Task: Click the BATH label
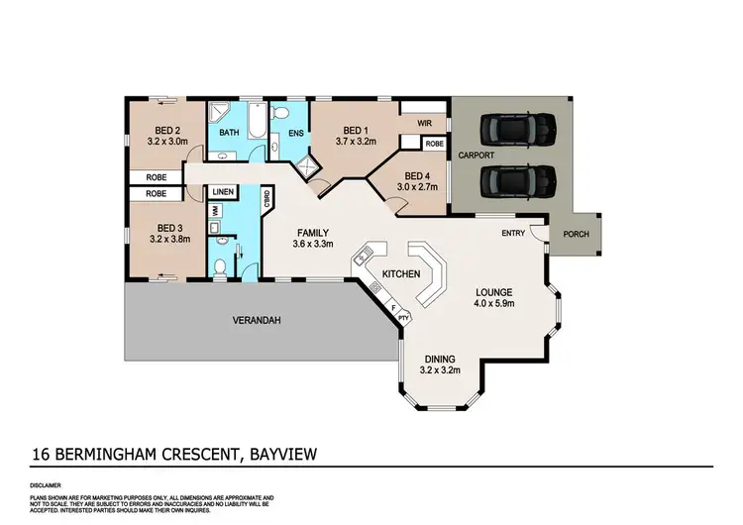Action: tap(229, 132)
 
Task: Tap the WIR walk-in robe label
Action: tap(425, 124)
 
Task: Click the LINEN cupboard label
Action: tap(223, 191)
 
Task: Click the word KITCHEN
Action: tap(402, 273)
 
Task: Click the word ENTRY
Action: tap(514, 234)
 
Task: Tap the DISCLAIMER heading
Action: tap(47, 485)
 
